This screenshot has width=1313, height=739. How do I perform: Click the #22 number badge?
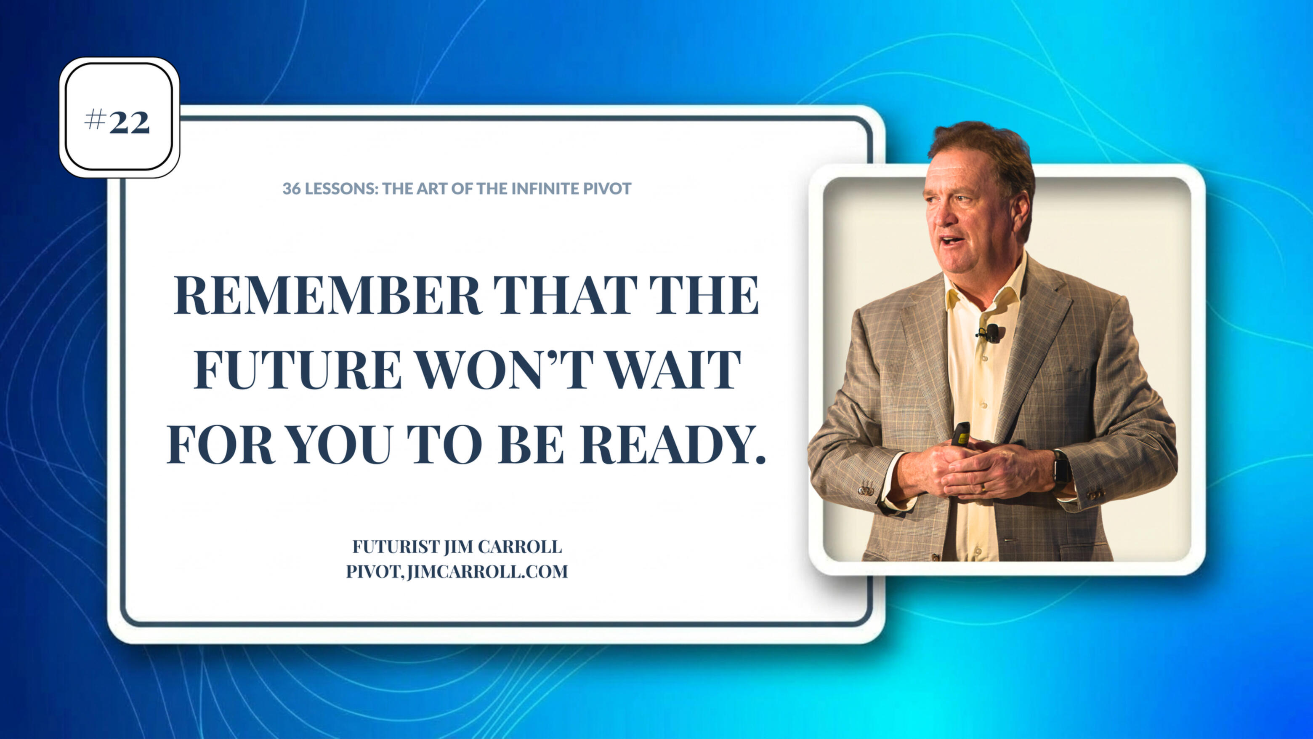tap(119, 117)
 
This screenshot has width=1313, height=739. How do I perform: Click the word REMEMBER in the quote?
tap(328, 295)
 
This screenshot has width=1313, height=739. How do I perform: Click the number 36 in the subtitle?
tap(291, 189)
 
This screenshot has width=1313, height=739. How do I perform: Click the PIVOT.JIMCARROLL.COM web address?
tap(457, 572)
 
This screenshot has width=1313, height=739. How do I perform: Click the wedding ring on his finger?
tap(983, 487)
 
